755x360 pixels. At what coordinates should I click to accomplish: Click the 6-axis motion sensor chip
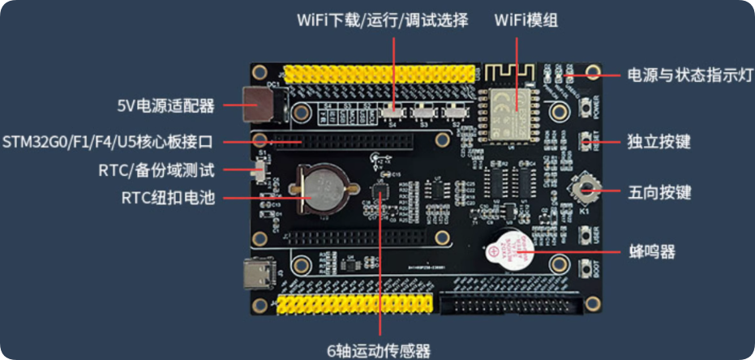point(380,193)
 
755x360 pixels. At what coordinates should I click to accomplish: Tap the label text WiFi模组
point(526,20)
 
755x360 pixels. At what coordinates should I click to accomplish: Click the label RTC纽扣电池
point(168,197)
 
